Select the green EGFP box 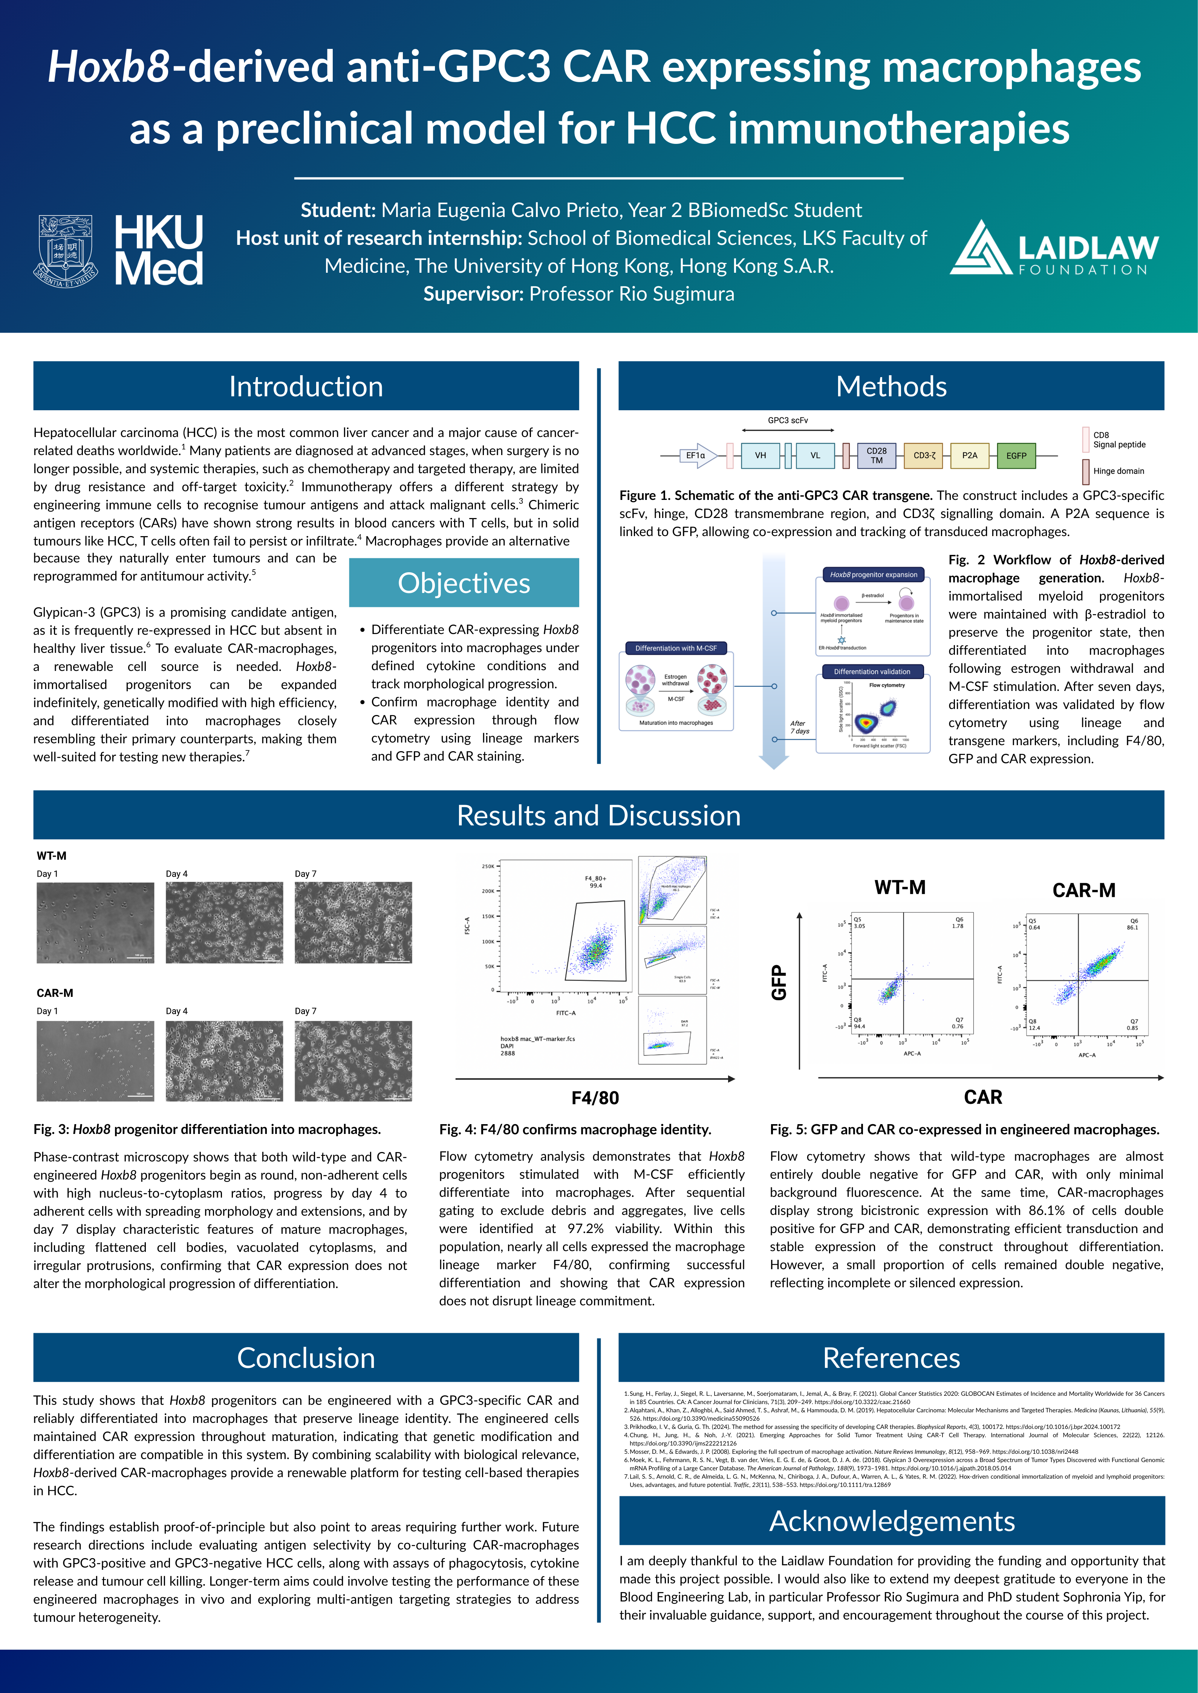click(1016, 456)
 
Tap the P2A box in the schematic click(969, 456)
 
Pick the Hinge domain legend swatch click(1086, 471)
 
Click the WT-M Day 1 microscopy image click(95, 923)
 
